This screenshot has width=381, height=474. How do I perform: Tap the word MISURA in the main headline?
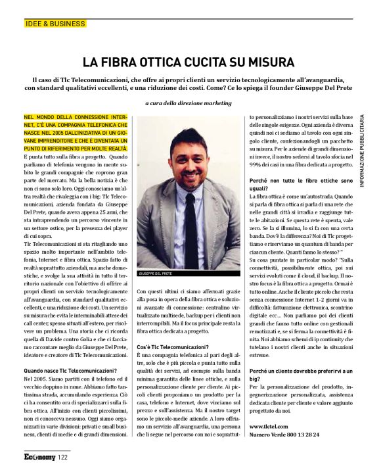(x=267, y=62)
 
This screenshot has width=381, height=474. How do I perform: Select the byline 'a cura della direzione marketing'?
(x=189, y=103)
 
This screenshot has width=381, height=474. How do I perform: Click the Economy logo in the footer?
(x=39, y=456)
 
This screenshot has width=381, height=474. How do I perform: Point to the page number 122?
(x=63, y=456)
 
